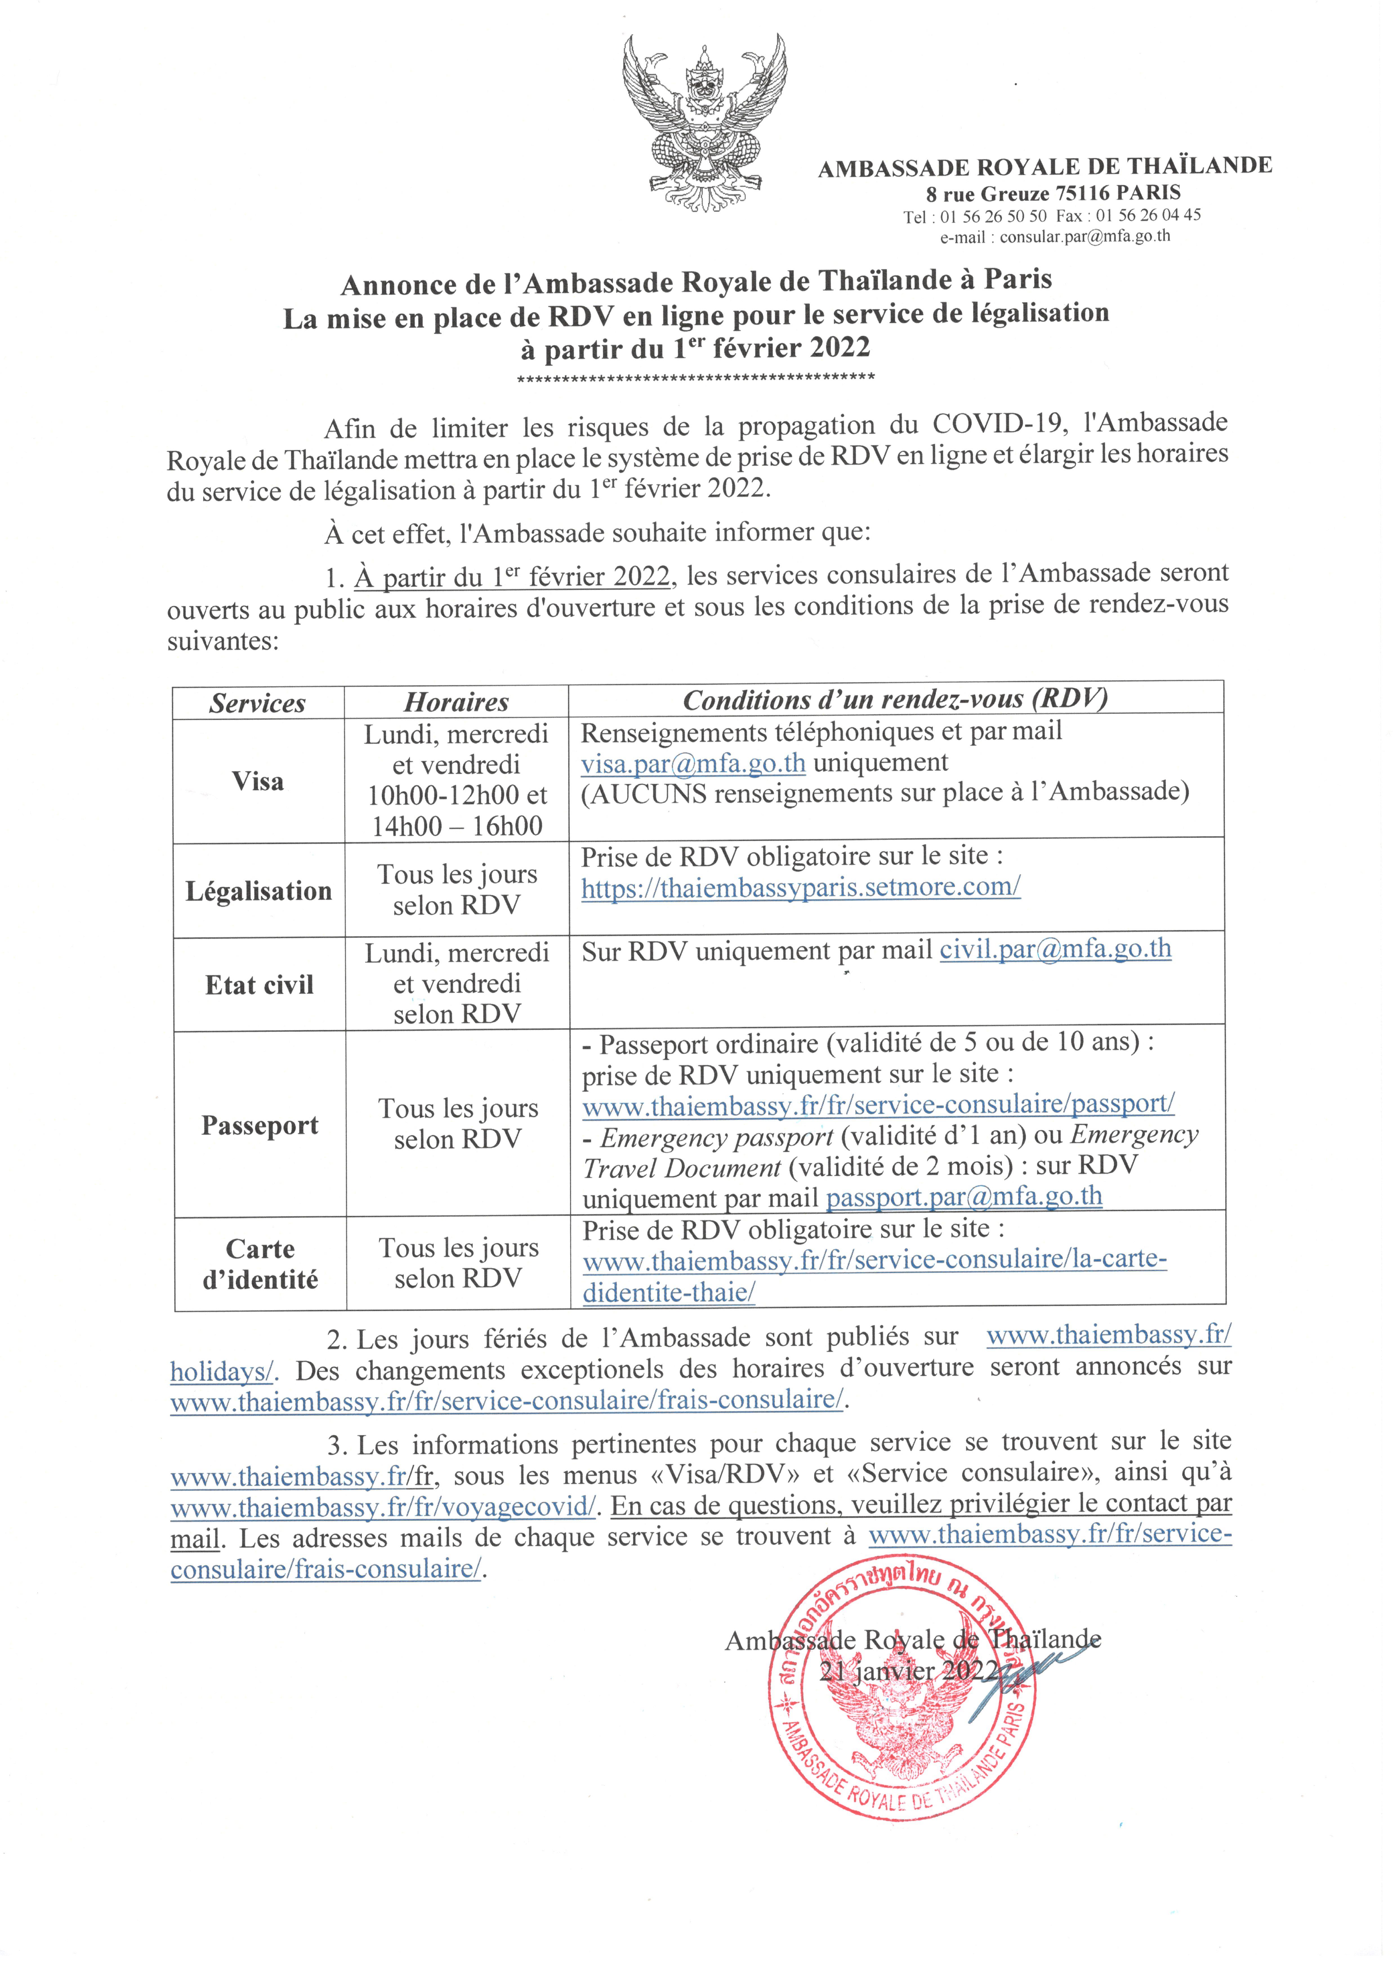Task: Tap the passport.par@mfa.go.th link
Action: (963, 1196)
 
